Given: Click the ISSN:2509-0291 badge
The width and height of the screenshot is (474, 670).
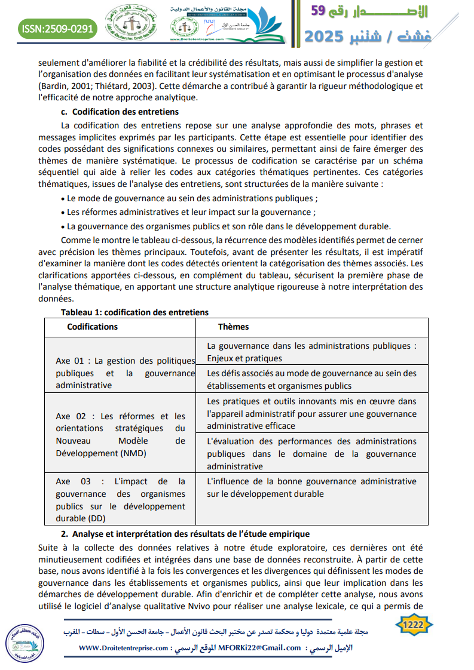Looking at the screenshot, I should [x=57, y=28].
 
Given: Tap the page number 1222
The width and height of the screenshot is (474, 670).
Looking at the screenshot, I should [x=414, y=625].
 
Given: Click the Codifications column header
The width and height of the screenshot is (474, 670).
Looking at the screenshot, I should [x=92, y=327].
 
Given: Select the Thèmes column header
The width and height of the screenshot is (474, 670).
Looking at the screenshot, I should [x=233, y=327].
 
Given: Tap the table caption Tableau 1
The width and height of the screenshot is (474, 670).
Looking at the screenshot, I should [x=134, y=312].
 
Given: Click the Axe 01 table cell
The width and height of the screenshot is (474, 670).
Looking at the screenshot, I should [x=125, y=373].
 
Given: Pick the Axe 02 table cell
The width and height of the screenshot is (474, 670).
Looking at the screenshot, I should [x=120, y=435].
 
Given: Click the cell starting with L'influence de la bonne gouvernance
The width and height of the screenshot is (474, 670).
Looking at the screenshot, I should [x=311, y=487].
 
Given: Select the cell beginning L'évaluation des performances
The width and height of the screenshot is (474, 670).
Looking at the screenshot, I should [x=311, y=454].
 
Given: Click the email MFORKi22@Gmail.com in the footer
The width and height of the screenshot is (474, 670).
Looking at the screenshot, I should [x=259, y=648].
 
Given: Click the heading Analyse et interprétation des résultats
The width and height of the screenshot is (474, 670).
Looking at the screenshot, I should [x=190, y=534].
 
